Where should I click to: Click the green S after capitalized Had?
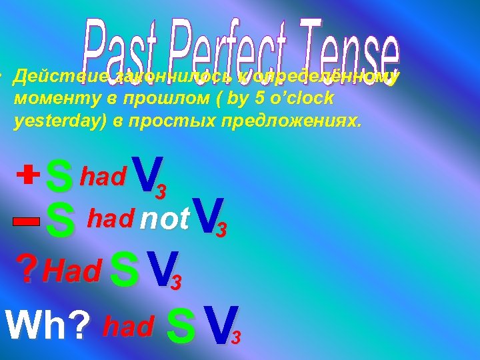pyautogui.click(x=125, y=269)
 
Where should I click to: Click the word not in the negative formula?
pyautogui.click(x=165, y=218)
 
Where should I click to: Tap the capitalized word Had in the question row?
pyautogui.click(x=71, y=270)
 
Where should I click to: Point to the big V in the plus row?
pyautogui.click(x=145, y=173)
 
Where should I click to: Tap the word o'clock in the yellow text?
pyautogui.click(x=307, y=97)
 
